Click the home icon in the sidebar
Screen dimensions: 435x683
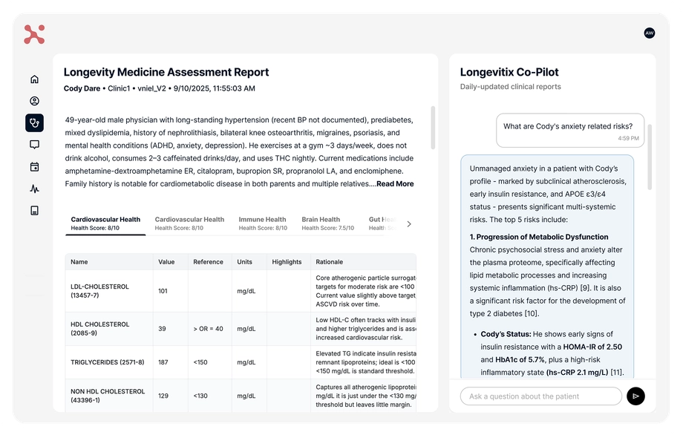click(x=34, y=79)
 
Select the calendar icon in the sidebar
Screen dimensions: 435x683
click(x=34, y=167)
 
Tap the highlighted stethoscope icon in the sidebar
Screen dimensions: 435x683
click(x=34, y=123)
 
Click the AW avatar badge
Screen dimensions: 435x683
click(x=650, y=33)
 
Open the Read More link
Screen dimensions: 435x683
click(x=395, y=184)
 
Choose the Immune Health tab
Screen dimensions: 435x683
click(x=262, y=220)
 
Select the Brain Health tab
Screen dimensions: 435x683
click(x=321, y=220)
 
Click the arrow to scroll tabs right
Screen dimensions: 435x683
click(x=409, y=223)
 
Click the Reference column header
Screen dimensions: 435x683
click(x=208, y=262)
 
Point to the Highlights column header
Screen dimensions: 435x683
click(x=287, y=262)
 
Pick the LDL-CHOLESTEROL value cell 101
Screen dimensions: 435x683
click(x=163, y=291)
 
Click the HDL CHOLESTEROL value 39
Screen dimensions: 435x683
click(x=163, y=329)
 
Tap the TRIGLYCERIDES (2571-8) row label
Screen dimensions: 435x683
click(x=108, y=362)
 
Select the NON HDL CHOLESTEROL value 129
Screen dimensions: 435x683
click(x=163, y=396)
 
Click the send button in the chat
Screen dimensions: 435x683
click(x=635, y=396)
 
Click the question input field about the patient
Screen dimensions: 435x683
click(x=540, y=396)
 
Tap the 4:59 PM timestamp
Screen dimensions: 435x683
click(x=628, y=138)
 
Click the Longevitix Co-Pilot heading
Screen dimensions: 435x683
click(x=509, y=73)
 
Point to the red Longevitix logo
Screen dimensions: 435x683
click(x=34, y=34)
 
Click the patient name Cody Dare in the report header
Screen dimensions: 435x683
click(x=82, y=88)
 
